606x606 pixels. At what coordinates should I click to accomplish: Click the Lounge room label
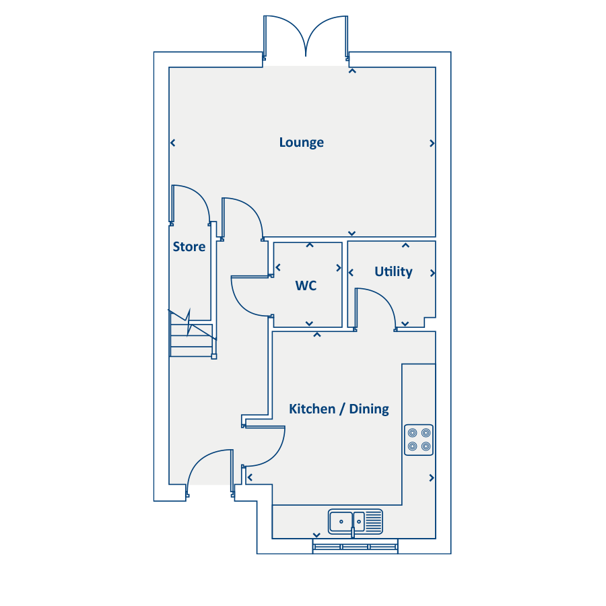click(301, 142)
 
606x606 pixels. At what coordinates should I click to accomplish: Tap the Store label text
click(189, 246)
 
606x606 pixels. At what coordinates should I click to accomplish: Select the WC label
click(306, 285)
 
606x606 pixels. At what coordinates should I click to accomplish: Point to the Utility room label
click(393, 271)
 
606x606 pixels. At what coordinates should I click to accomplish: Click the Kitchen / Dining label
click(339, 409)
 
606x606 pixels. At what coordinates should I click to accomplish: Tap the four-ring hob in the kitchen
click(418, 439)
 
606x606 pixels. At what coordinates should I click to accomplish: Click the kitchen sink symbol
click(355, 520)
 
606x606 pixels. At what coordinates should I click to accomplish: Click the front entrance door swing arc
click(206, 465)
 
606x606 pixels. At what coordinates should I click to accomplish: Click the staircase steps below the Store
click(191, 340)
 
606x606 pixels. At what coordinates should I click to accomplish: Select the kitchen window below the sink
click(355, 546)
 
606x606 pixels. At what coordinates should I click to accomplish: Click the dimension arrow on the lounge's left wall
click(173, 143)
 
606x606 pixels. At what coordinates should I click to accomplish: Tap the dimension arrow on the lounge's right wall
click(432, 143)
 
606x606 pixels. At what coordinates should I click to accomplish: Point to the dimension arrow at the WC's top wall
click(310, 245)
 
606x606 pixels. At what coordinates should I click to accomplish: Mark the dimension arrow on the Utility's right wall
click(432, 273)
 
